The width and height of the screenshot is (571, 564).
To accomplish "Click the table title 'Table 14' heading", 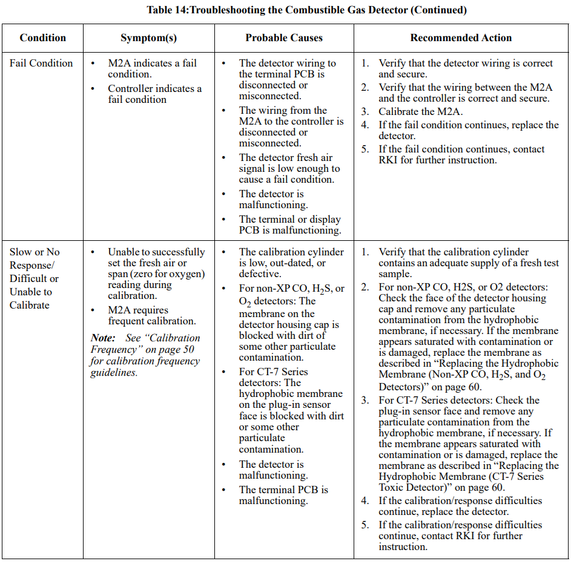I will (x=168, y=10).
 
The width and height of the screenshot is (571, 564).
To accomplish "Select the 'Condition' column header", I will (x=42, y=38).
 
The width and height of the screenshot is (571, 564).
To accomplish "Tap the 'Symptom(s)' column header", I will (x=148, y=38).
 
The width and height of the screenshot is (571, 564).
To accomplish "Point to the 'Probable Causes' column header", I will (x=284, y=38).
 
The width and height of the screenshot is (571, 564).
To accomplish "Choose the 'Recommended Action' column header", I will (x=461, y=38).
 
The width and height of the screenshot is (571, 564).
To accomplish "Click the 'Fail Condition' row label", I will (x=41, y=63).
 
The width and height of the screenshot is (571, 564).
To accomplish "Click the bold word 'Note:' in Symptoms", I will (x=103, y=338).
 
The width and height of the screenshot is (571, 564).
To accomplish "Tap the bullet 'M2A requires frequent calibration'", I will (x=151, y=315).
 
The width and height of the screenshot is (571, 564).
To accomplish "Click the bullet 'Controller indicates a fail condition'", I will (x=154, y=94).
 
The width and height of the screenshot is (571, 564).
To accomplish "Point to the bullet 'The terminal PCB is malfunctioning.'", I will (x=283, y=495).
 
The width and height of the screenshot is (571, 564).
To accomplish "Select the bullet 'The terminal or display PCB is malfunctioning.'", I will (x=289, y=225).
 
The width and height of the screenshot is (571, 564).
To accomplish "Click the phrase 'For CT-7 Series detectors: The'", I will (x=274, y=377).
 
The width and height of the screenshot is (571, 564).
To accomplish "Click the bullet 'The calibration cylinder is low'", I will (x=291, y=257).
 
